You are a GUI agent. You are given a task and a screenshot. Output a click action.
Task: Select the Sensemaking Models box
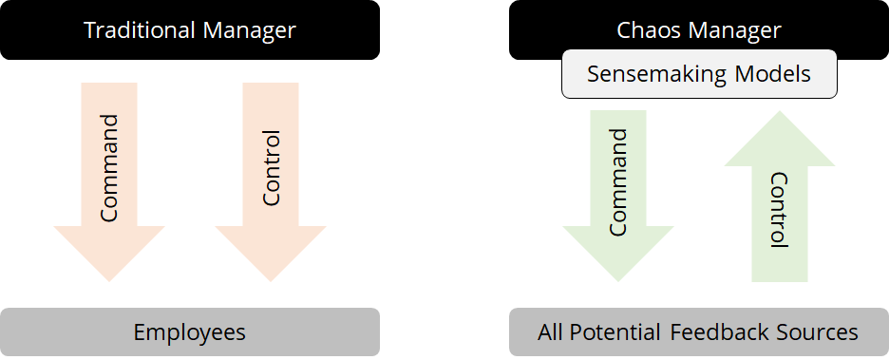(x=699, y=74)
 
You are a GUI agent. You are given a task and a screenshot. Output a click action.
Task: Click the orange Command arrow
(x=109, y=237)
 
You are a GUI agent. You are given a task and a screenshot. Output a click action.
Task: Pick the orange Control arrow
(x=271, y=237)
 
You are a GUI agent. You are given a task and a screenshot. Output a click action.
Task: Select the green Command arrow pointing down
(x=618, y=247)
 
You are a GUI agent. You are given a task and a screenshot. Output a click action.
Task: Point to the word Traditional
(x=140, y=30)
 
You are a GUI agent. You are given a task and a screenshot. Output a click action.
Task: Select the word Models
(x=777, y=74)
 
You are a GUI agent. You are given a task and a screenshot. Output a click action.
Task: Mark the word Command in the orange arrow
(x=109, y=167)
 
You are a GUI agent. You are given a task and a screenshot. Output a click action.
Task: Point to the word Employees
(x=190, y=332)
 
